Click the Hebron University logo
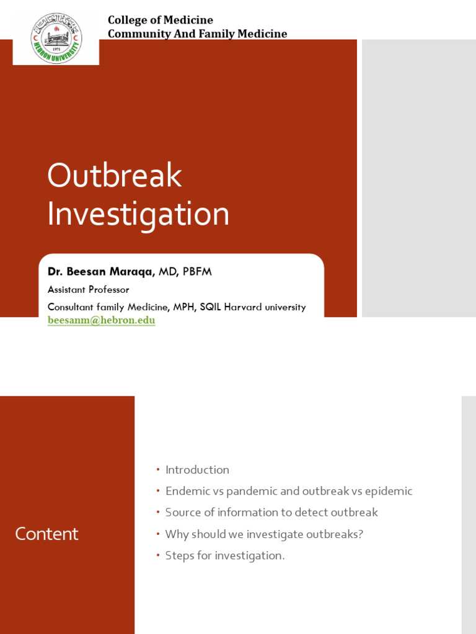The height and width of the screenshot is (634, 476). pos(56,38)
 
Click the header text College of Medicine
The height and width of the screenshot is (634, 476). pos(160,20)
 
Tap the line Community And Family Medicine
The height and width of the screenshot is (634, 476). pos(197,33)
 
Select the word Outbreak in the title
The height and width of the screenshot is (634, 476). pos(114,176)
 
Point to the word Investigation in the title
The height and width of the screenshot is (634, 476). pos(138,214)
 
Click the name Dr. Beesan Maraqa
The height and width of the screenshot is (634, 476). pos(100,272)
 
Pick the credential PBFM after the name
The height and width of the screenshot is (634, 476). pos(197,272)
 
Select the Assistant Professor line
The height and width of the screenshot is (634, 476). pos(88,290)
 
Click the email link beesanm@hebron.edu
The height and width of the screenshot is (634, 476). pos(101,320)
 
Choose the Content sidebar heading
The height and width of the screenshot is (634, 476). pos(46,534)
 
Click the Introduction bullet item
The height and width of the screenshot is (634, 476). pos(197,470)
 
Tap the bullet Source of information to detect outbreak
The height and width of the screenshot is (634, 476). pos(271,513)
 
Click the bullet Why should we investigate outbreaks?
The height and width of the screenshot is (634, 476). pos(264,534)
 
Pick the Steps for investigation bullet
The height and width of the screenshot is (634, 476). pos(224,555)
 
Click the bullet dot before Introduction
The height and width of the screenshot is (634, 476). pos(157,470)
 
